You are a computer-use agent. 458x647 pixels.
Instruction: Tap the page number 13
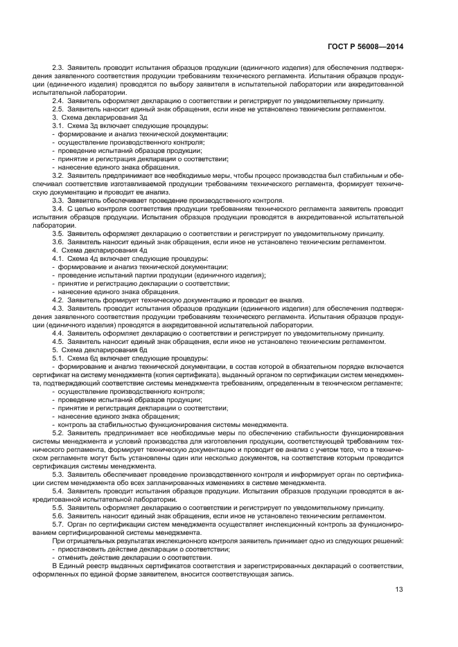coord(399,590)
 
